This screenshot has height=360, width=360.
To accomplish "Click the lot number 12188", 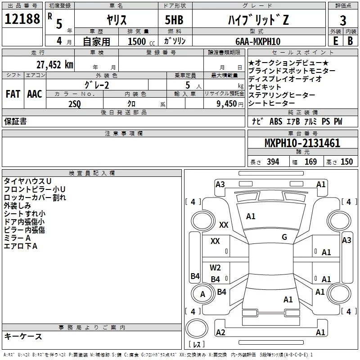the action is (x=22, y=19).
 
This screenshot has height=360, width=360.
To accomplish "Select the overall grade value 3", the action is (x=343, y=21).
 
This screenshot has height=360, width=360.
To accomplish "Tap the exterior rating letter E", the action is (x=336, y=41).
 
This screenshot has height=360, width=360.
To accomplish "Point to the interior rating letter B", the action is (x=350, y=41).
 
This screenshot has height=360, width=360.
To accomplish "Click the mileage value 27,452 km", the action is (x=54, y=65).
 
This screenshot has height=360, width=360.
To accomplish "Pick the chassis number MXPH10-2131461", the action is (x=302, y=143).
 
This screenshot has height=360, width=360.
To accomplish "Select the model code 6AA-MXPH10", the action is (x=258, y=41).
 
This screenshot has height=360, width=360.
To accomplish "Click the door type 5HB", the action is (x=174, y=20).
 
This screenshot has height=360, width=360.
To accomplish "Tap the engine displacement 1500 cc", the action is (x=141, y=41).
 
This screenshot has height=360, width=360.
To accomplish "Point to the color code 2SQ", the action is (x=75, y=104).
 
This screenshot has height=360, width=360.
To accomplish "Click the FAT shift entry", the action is (x=13, y=94).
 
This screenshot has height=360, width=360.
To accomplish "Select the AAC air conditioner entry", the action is (x=35, y=94).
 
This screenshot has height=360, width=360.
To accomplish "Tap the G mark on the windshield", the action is (x=284, y=237).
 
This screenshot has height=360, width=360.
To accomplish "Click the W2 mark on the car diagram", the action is (x=215, y=267).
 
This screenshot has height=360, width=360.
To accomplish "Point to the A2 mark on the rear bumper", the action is (x=220, y=332).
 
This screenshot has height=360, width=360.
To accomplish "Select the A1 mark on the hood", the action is (x=251, y=216).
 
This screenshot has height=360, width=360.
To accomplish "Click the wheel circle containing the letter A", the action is (x=202, y=294).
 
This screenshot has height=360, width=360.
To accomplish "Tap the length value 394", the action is (x=273, y=162).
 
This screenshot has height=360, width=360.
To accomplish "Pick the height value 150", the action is (x=346, y=162).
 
